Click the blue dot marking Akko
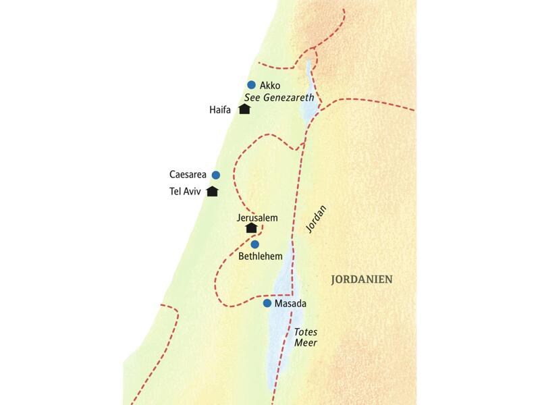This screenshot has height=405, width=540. coord(251,85)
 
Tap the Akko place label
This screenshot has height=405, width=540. coord(269,86)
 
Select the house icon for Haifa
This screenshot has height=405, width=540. coord(244,109)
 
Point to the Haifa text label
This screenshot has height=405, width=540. coord(221,109)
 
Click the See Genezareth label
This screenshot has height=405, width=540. coord(279,98)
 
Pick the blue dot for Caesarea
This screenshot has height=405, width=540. coord(216,175)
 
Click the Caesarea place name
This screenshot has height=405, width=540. coord(188,175)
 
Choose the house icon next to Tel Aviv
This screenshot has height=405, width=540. coord(212,191)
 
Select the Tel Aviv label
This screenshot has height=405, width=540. coord(185,192)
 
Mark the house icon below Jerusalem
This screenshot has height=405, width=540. coord(251,229)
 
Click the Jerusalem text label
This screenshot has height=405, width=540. coord(257,217)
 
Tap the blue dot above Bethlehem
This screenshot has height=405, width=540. coord(254,244)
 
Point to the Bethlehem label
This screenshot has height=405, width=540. coord(260,256)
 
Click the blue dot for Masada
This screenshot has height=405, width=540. coord(267,303)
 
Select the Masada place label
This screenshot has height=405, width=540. coord(290,304)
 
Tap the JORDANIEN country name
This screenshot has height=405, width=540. coord(361,279)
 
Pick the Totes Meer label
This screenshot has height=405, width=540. coord(305,337)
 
